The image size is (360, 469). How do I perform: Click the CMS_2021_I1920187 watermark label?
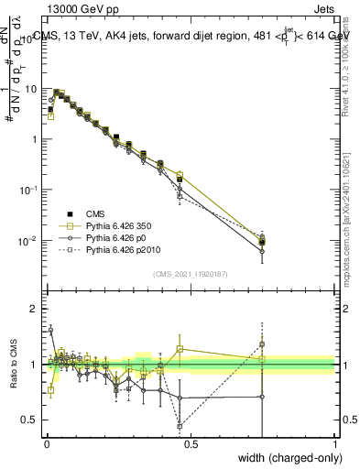190,274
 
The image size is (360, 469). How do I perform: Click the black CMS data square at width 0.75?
262,243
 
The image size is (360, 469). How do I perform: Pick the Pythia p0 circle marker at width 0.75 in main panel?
262,251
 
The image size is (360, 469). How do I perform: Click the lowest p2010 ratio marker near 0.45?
180,426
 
